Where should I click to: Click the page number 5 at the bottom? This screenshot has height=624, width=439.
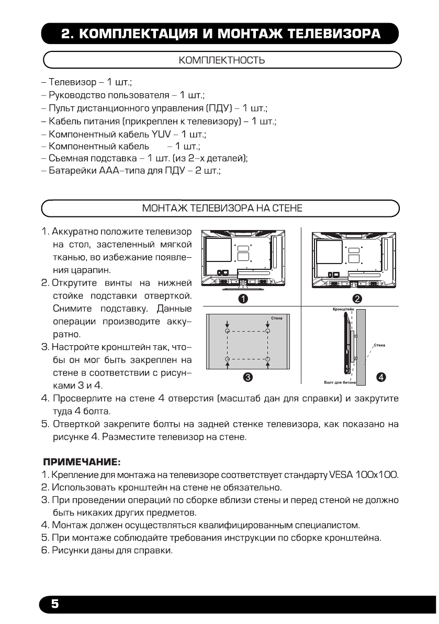54,604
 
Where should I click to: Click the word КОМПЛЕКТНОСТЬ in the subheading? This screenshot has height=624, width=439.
221,61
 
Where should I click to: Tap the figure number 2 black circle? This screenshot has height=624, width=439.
358,299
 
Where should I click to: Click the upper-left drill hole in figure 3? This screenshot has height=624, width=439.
227,332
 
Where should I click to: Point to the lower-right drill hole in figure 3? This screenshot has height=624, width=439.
268,359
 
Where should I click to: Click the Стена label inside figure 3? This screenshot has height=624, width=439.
277,318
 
